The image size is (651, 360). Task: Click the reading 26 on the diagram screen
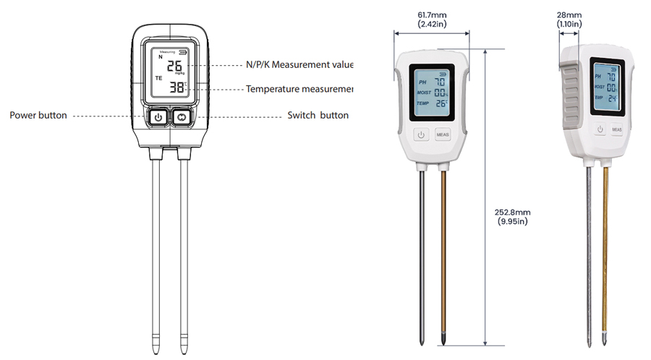pos(174,67)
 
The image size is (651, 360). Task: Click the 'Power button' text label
pos(38,115)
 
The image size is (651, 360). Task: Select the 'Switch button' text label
pos(318,115)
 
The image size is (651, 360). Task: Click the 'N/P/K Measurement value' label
pos(299,64)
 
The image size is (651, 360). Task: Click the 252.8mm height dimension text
pos(513,212)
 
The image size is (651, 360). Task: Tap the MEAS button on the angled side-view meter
pos(616,130)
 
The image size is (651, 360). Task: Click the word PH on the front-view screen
pos(423,82)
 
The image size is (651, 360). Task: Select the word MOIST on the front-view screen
pos(425,93)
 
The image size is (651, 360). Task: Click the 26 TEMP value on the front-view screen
pos(441,103)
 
